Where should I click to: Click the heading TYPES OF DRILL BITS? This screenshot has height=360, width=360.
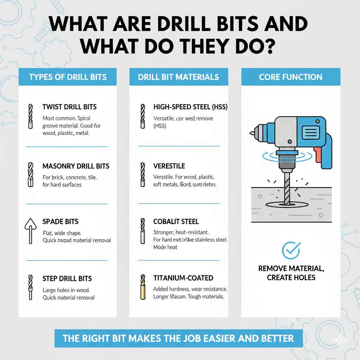pos(68,77)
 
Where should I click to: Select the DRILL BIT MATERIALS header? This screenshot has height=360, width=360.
pos(179,77)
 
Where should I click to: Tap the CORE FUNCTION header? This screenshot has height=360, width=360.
pos(290,77)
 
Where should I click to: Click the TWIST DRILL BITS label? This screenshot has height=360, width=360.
pos(69,107)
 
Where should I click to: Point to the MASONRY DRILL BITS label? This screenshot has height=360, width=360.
pos(76,166)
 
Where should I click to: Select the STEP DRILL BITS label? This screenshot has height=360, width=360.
pos(67,278)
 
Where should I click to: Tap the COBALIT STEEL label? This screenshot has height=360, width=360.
pos(176,221)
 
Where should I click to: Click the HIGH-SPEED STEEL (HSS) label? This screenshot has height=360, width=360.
pos(190,107)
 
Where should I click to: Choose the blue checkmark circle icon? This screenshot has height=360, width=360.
pos(291,250)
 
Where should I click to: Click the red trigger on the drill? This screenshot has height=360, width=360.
pos(319,154)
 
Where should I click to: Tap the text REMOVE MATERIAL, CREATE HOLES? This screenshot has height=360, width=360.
pos(291,273)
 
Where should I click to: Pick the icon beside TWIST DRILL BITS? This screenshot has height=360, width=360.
pos(30,116)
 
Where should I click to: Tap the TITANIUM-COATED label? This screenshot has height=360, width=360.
pos(183,278)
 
